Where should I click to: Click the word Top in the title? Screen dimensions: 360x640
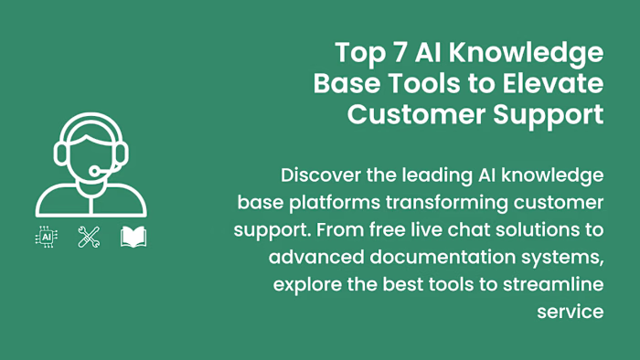(359, 51)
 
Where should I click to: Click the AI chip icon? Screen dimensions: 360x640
(46, 238)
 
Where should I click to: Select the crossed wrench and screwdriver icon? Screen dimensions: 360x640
(89, 238)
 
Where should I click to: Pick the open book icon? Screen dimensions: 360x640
(133, 238)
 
